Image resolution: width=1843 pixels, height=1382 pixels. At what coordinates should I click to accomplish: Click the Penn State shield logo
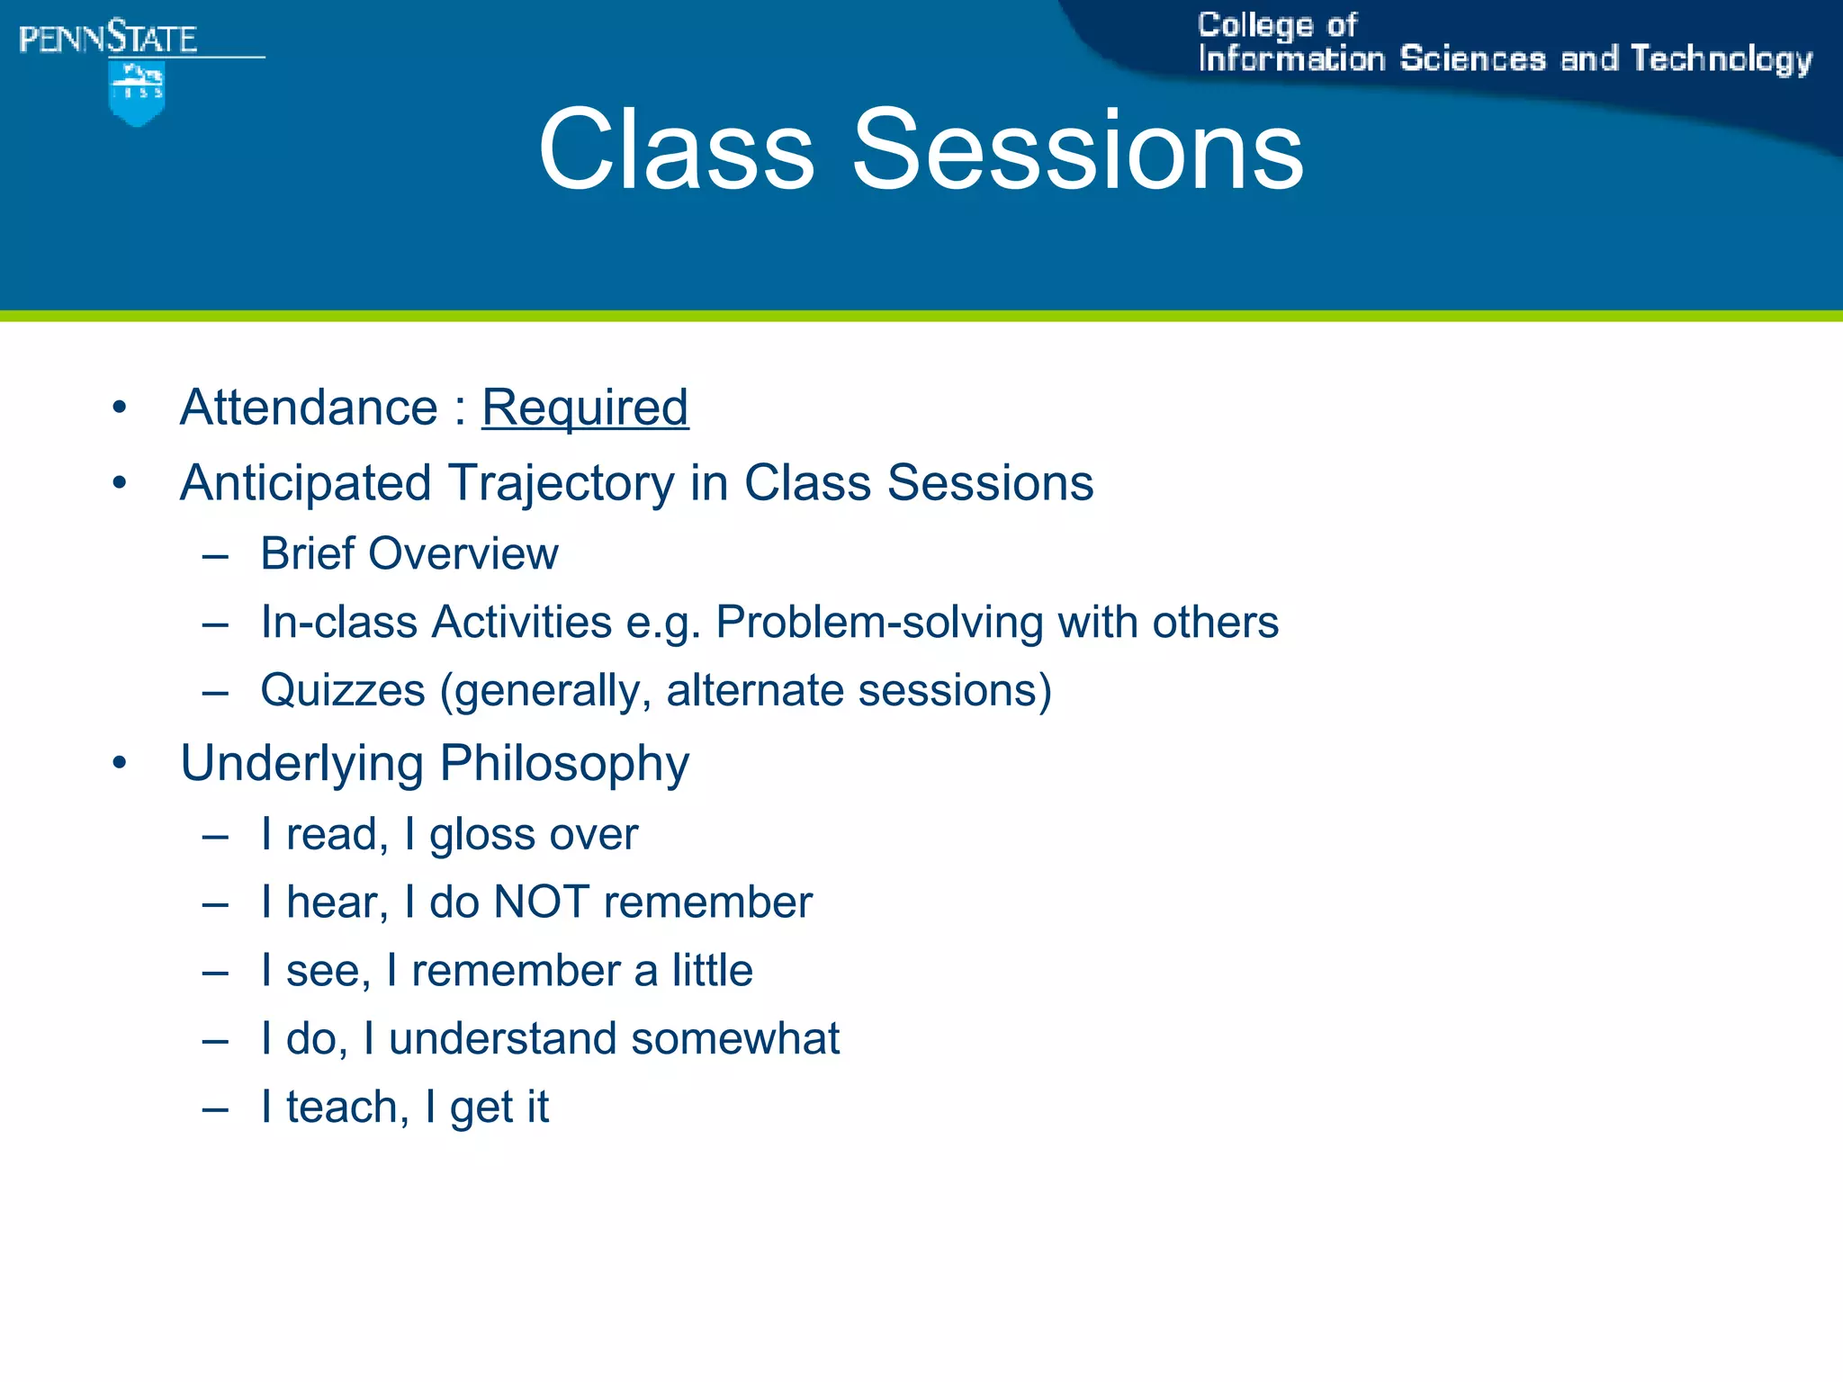coord(136,93)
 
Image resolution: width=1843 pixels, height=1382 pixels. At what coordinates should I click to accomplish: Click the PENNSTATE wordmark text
coord(108,39)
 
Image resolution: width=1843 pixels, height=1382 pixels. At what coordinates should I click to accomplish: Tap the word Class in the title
coord(676,149)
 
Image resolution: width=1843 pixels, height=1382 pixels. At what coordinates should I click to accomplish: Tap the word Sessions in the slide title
coord(1077,149)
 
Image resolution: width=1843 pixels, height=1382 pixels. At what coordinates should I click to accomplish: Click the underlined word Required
coord(585,408)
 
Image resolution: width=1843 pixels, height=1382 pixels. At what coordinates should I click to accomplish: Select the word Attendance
coord(309,408)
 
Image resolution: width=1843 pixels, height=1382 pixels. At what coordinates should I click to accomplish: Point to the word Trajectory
coord(562,483)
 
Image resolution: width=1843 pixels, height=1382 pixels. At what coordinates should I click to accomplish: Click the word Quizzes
coord(343,691)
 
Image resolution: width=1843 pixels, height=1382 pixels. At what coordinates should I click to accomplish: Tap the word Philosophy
coord(564,764)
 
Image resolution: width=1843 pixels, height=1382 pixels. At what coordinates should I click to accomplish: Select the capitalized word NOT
coord(541,902)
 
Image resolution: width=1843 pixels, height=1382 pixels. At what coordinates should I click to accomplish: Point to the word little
coord(712,971)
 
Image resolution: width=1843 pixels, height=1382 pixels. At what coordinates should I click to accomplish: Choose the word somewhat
coord(735,1039)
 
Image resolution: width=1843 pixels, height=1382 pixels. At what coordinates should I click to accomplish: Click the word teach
coord(342,1108)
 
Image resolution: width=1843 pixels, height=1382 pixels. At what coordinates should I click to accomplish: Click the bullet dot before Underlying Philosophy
coord(120,764)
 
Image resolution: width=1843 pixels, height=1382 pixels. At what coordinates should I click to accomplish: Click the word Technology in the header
coord(1721,59)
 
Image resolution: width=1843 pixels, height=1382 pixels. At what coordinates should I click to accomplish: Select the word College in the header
coord(1254,25)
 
